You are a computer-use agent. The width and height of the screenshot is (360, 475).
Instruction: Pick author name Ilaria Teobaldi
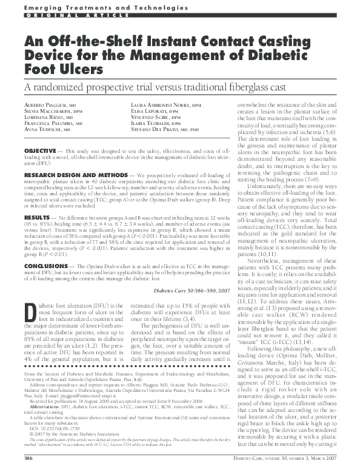point(152,128)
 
